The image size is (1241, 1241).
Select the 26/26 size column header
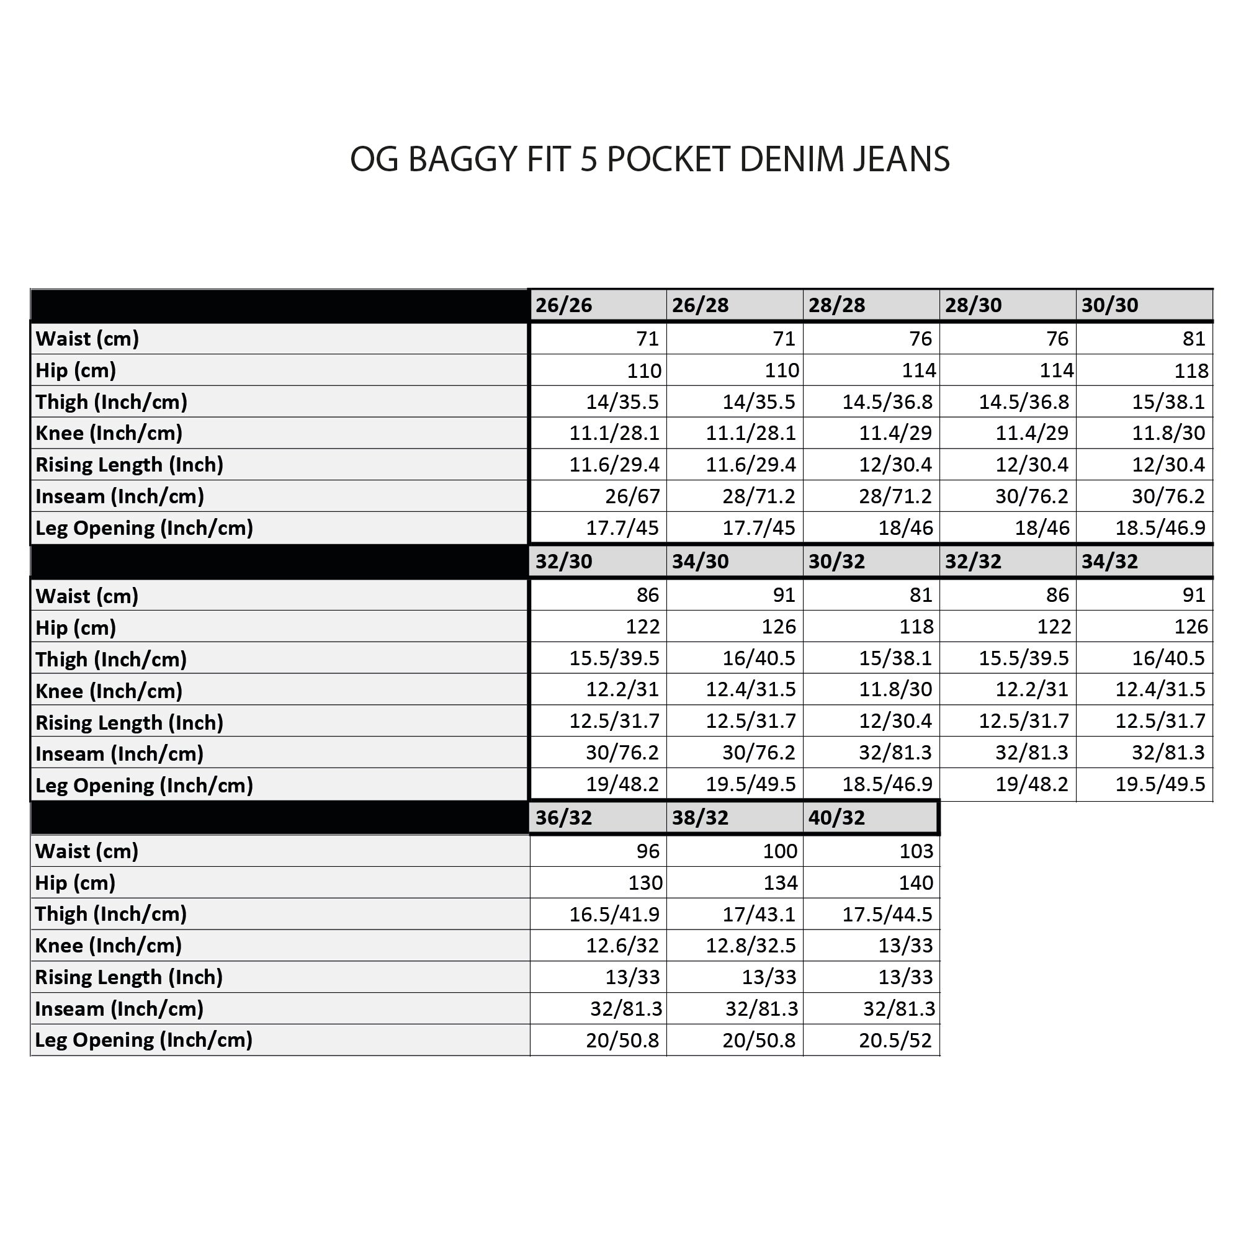tap(563, 305)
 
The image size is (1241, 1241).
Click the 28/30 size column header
tap(972, 305)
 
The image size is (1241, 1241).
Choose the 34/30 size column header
tap(700, 562)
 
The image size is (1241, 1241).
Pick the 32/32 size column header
tap(972, 562)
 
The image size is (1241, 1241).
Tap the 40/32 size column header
tap(836, 818)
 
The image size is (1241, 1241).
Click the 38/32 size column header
tap(700, 818)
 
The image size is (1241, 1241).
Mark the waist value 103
tap(915, 851)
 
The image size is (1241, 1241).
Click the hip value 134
tap(780, 883)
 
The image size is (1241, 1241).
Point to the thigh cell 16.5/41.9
tap(614, 914)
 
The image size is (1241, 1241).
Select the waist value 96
tap(647, 851)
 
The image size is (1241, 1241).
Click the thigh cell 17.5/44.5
tap(887, 914)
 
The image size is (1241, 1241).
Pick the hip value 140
tap(915, 883)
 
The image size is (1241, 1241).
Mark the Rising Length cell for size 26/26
tap(614, 464)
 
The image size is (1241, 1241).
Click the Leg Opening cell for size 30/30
tap(1160, 528)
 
